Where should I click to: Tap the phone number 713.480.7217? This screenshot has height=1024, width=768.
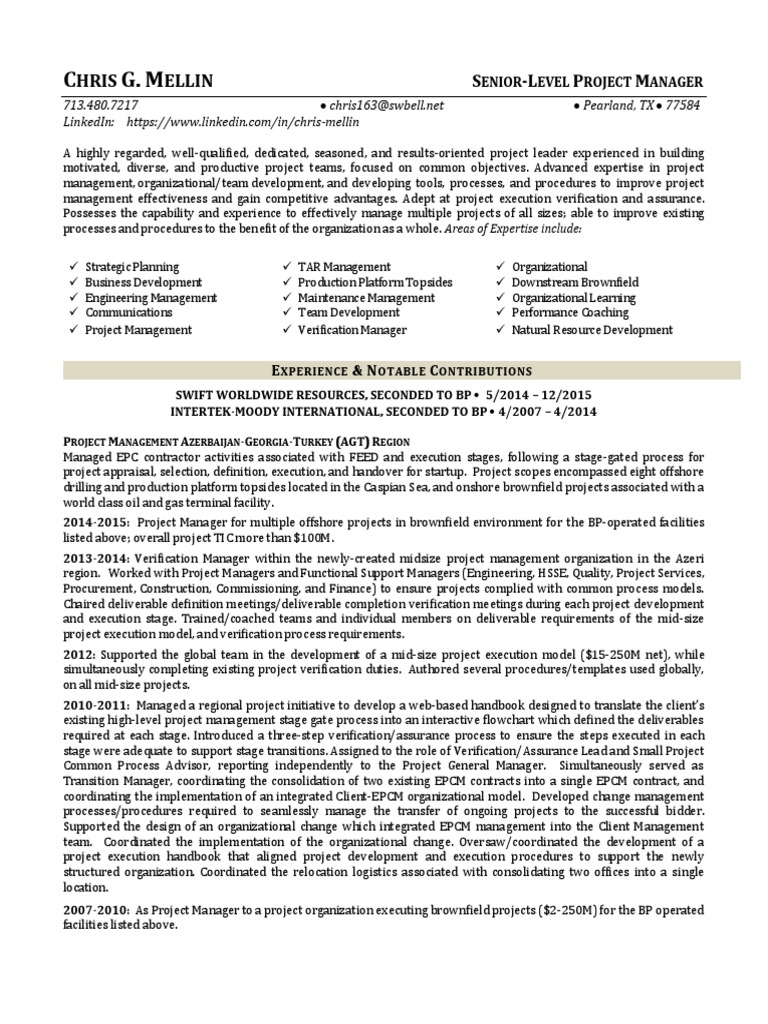point(101,105)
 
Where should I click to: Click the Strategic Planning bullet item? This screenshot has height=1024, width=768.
point(132,267)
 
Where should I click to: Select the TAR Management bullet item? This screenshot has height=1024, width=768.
point(344,267)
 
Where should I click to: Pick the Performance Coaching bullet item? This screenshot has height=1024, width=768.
point(570,313)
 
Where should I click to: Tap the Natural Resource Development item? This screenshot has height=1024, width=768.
point(592,329)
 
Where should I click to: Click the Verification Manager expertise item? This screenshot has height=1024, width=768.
point(352,329)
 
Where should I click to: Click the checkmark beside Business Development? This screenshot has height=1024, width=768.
point(73,283)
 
